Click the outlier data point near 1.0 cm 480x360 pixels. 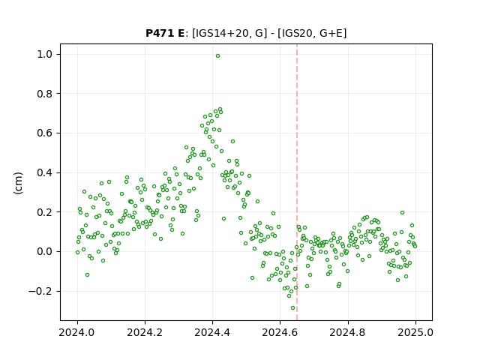coord(217,56)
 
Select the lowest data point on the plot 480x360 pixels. coord(293,308)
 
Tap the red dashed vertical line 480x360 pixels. coord(297,182)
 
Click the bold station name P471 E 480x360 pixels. coord(165,33)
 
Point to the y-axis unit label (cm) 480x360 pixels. coord(18,183)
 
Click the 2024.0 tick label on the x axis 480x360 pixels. coord(77,332)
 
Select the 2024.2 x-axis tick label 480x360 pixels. coord(145,332)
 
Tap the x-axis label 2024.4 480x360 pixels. coord(212,332)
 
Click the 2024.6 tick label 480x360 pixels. coord(280,332)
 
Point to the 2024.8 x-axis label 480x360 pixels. coord(348,332)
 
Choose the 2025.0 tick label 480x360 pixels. coord(415,332)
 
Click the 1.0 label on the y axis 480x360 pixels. coord(45,54)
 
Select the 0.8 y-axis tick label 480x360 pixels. coord(45,94)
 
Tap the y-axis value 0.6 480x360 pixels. coord(45,133)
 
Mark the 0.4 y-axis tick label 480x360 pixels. coord(45,172)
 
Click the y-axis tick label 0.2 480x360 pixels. coord(45,212)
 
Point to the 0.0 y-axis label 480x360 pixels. coord(45,252)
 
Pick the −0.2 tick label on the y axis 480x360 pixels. coord(40,291)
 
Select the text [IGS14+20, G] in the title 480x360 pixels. coord(227,33)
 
